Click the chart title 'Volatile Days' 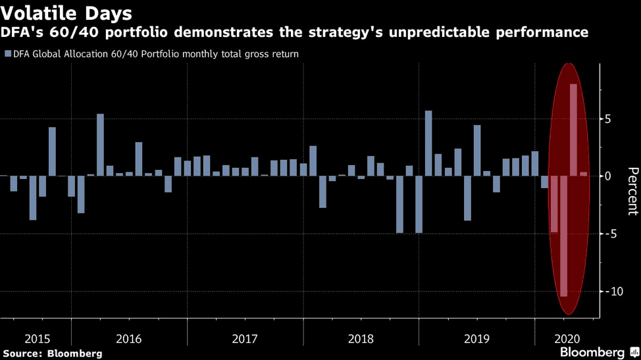(x=66, y=13)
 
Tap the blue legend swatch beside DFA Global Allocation (x=7, y=54)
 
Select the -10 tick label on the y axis (x=611, y=291)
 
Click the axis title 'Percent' (x=632, y=191)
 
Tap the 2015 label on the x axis (x=38, y=339)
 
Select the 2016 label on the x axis (x=128, y=339)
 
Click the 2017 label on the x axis (x=245, y=339)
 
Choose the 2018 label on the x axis (x=361, y=339)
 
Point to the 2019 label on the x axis (x=476, y=339)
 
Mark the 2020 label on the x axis (x=567, y=339)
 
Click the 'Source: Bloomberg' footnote (x=52, y=354)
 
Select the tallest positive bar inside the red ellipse (x=573, y=130)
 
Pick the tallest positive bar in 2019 (x=477, y=150)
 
